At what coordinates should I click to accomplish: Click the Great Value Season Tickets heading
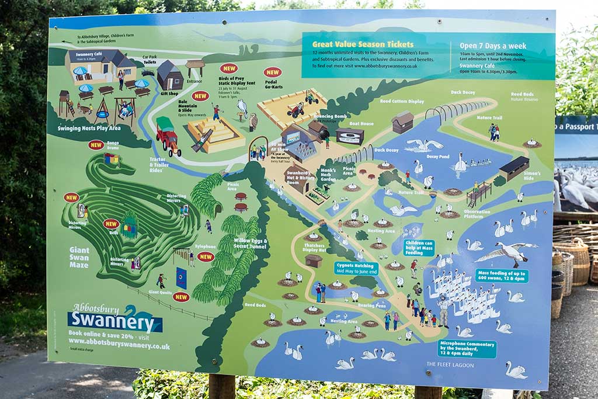point(363,44)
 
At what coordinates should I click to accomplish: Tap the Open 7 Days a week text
point(492,46)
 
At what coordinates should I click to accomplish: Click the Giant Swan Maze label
point(79,256)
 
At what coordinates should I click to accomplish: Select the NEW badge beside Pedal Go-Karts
point(272,72)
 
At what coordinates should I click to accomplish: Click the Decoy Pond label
point(438,157)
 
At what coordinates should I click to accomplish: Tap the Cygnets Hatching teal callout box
point(356,268)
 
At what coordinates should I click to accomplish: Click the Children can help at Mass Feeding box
point(419,248)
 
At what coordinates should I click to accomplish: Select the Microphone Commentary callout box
point(467,349)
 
